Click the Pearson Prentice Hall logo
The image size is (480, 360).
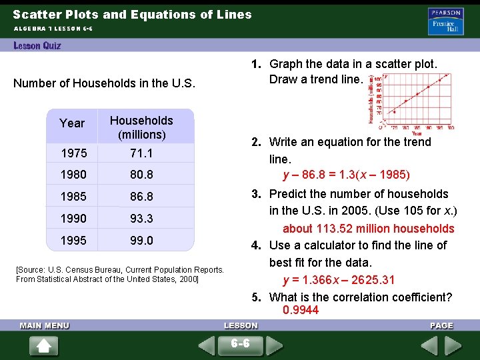pos(445,21)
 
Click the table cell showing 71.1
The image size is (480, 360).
pos(141,153)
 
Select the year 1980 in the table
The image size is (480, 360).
pos(74,175)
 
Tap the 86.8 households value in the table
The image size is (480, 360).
pos(141,197)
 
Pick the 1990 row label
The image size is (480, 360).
pos(74,218)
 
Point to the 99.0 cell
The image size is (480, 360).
pos(141,240)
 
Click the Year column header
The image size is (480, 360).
pos(72,123)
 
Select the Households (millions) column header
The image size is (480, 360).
pos(141,127)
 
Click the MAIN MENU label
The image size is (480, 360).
pos(45,325)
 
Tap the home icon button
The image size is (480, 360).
pos(45,346)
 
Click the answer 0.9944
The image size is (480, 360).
pos(301,310)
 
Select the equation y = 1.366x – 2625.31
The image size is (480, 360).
pos(338,280)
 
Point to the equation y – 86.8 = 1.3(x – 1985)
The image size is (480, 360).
pos(346,175)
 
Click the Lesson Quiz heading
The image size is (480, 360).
pos(37,45)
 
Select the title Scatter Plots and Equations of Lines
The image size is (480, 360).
pos(132,14)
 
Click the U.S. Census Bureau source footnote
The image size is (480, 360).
pos(120,274)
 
